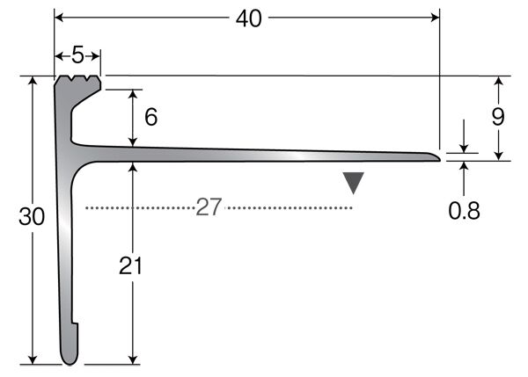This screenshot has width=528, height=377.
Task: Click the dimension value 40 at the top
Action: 249,18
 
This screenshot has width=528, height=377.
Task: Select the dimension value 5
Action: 77,55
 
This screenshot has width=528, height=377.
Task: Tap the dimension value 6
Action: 150,117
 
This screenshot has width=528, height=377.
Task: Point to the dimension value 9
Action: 498,117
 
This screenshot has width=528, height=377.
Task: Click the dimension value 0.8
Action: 464,211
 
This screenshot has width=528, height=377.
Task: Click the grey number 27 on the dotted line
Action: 209,207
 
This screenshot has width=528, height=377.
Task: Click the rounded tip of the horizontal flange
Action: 435,157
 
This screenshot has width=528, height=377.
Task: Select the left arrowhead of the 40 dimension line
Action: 60,17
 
